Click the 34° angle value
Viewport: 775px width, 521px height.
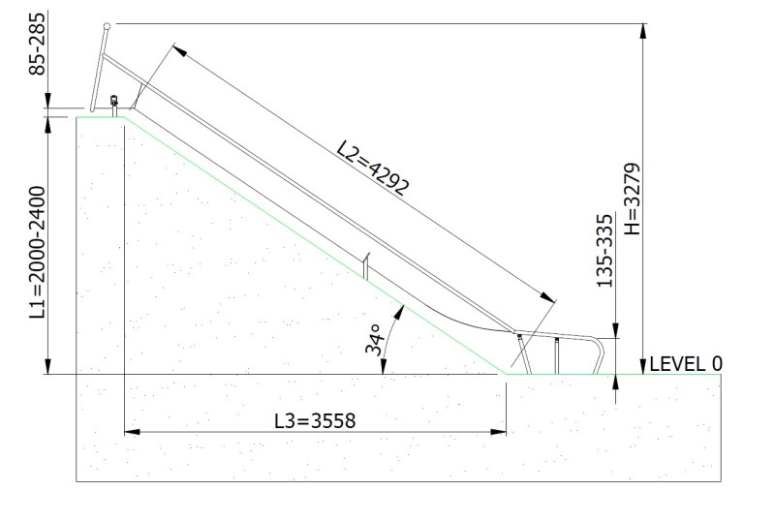click(x=374, y=339)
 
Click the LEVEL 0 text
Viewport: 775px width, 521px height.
click(x=685, y=364)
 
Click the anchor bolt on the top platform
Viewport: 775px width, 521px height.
click(x=114, y=103)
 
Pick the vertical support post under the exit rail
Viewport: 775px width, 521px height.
click(x=557, y=355)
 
